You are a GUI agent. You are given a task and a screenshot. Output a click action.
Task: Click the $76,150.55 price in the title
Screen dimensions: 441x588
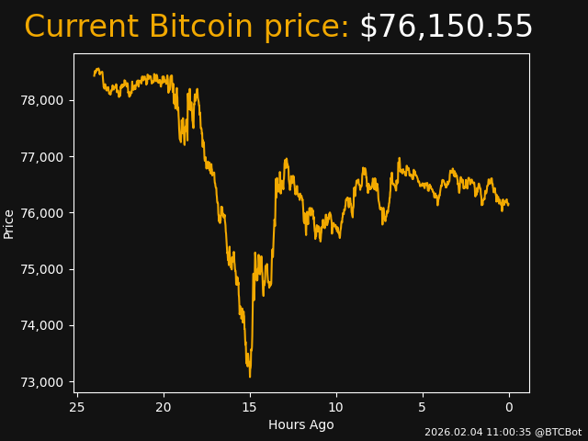(x=446, y=27)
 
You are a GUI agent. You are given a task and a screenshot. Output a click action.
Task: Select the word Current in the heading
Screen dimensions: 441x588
(x=82, y=27)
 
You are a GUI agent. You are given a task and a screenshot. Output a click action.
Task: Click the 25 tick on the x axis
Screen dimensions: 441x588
(x=77, y=407)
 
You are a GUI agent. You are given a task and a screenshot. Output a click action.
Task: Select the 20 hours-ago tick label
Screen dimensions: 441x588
(x=164, y=407)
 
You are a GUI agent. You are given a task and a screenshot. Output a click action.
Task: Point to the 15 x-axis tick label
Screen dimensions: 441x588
(x=250, y=407)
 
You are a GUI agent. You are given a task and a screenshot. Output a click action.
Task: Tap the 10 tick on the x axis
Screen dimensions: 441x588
(x=336, y=407)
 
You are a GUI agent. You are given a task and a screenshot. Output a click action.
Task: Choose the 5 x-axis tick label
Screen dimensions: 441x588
(x=423, y=407)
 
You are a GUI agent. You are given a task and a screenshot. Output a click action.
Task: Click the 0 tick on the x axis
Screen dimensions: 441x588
(x=509, y=407)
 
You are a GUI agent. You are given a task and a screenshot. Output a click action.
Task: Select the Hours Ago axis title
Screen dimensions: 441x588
(x=301, y=424)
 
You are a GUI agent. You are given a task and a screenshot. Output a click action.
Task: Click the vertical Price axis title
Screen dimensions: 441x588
(x=9, y=223)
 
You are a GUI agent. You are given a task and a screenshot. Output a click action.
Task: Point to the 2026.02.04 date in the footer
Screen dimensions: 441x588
(x=450, y=432)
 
